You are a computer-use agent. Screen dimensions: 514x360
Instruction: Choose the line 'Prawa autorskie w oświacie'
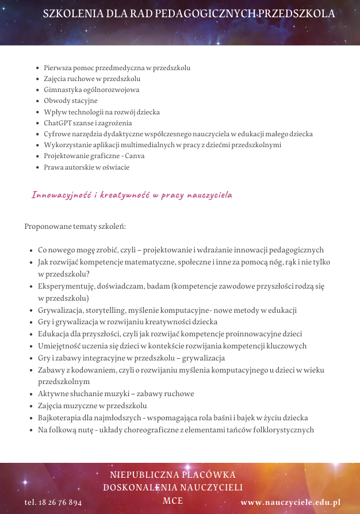tap(86, 167)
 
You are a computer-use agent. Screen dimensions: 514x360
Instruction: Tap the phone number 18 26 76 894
tap(60, 502)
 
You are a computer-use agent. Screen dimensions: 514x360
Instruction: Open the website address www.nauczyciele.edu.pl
tap(290, 502)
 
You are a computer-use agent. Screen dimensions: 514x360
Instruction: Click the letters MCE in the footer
tap(173, 501)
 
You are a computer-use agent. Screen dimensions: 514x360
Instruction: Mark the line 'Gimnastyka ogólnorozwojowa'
tap(91, 90)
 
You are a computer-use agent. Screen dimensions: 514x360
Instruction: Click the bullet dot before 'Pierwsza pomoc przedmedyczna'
tap(37, 68)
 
